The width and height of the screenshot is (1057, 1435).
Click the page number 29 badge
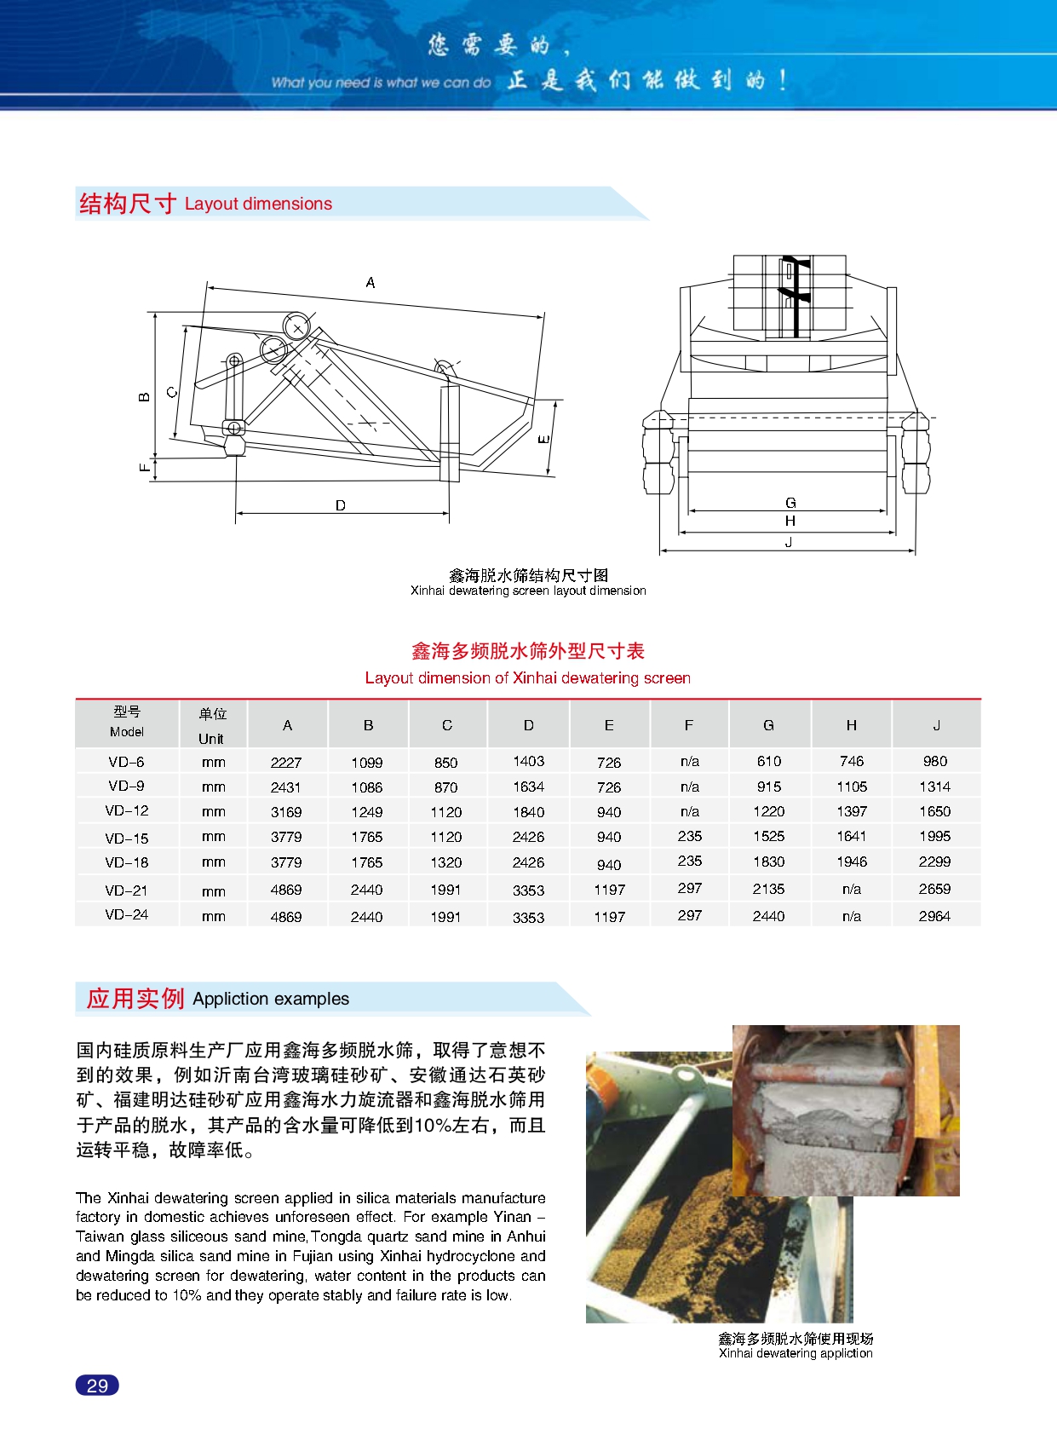97,1385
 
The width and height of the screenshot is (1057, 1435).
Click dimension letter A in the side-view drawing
371,282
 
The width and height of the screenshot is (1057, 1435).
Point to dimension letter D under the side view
341,505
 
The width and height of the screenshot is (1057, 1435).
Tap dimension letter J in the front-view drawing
789,542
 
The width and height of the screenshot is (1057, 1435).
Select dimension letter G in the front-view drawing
790,503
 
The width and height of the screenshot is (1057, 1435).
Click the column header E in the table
609,725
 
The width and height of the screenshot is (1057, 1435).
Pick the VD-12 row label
127,810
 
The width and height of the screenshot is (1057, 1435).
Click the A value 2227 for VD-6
286,762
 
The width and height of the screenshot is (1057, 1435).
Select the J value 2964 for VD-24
934,916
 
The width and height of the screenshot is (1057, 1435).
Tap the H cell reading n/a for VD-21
851,889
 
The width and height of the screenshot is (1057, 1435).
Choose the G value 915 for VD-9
768,787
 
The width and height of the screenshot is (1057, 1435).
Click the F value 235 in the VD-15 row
689,836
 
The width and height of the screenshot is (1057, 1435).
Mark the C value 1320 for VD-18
445,862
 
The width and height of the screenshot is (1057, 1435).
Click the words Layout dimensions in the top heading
258,204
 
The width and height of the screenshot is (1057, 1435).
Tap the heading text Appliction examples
271,999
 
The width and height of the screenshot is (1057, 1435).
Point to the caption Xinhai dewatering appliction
796,1353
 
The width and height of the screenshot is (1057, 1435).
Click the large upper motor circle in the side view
297,326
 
